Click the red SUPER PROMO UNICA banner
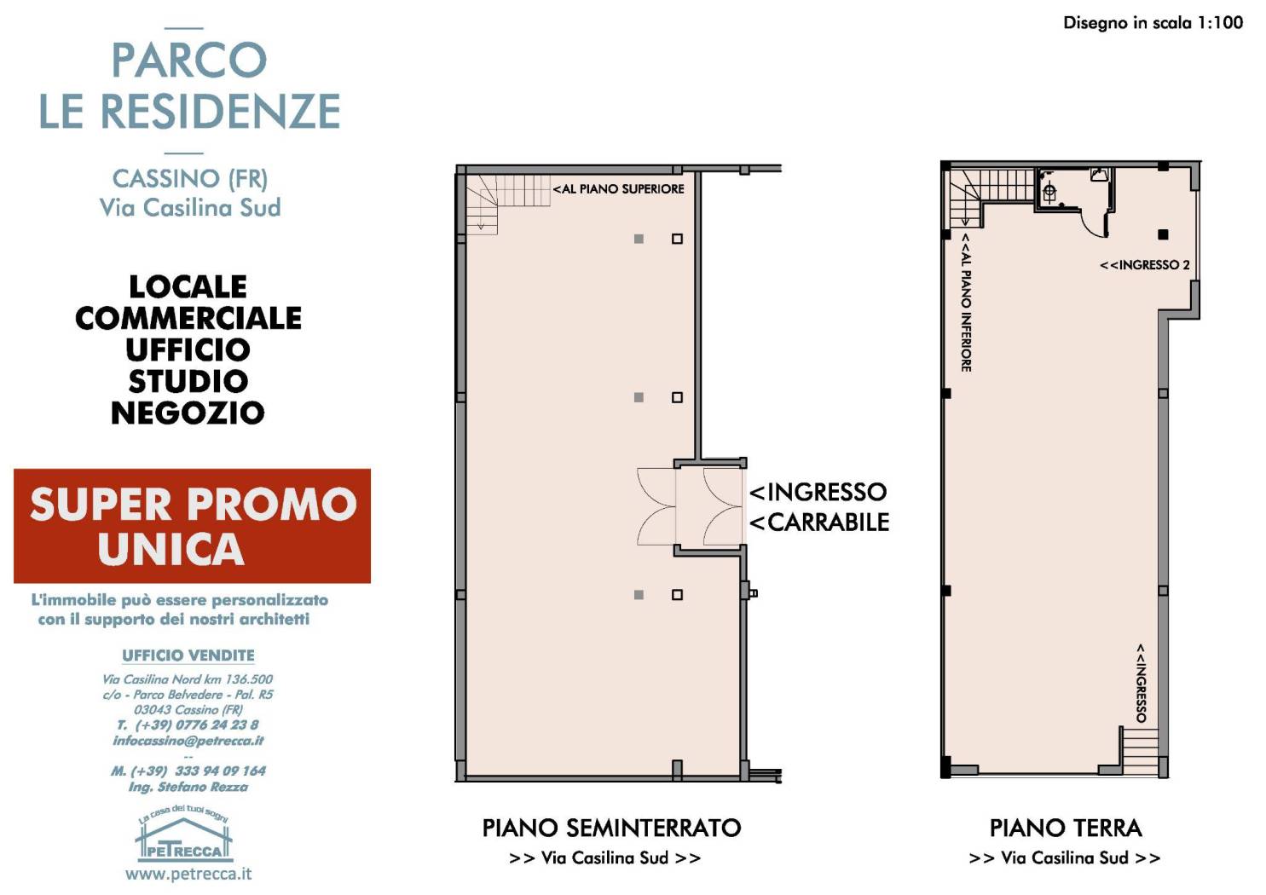pyautogui.click(x=192, y=526)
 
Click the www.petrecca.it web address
pyautogui.click(x=188, y=874)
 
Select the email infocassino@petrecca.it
pyautogui.click(x=188, y=741)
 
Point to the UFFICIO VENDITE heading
pyautogui.click(x=188, y=655)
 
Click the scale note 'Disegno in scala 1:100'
pyautogui.click(x=1153, y=23)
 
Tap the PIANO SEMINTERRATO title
pyautogui.click(x=611, y=828)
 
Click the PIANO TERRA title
pyautogui.click(x=1065, y=828)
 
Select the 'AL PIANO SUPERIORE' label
pyautogui.click(x=619, y=188)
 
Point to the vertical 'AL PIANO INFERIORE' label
pyautogui.click(x=966, y=303)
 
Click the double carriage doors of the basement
pyautogui.click(x=691, y=506)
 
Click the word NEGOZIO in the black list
pyautogui.click(x=188, y=413)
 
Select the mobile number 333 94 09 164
pyautogui.click(x=188, y=771)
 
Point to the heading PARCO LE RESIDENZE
pyautogui.click(x=189, y=85)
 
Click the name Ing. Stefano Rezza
pyautogui.click(x=188, y=787)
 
